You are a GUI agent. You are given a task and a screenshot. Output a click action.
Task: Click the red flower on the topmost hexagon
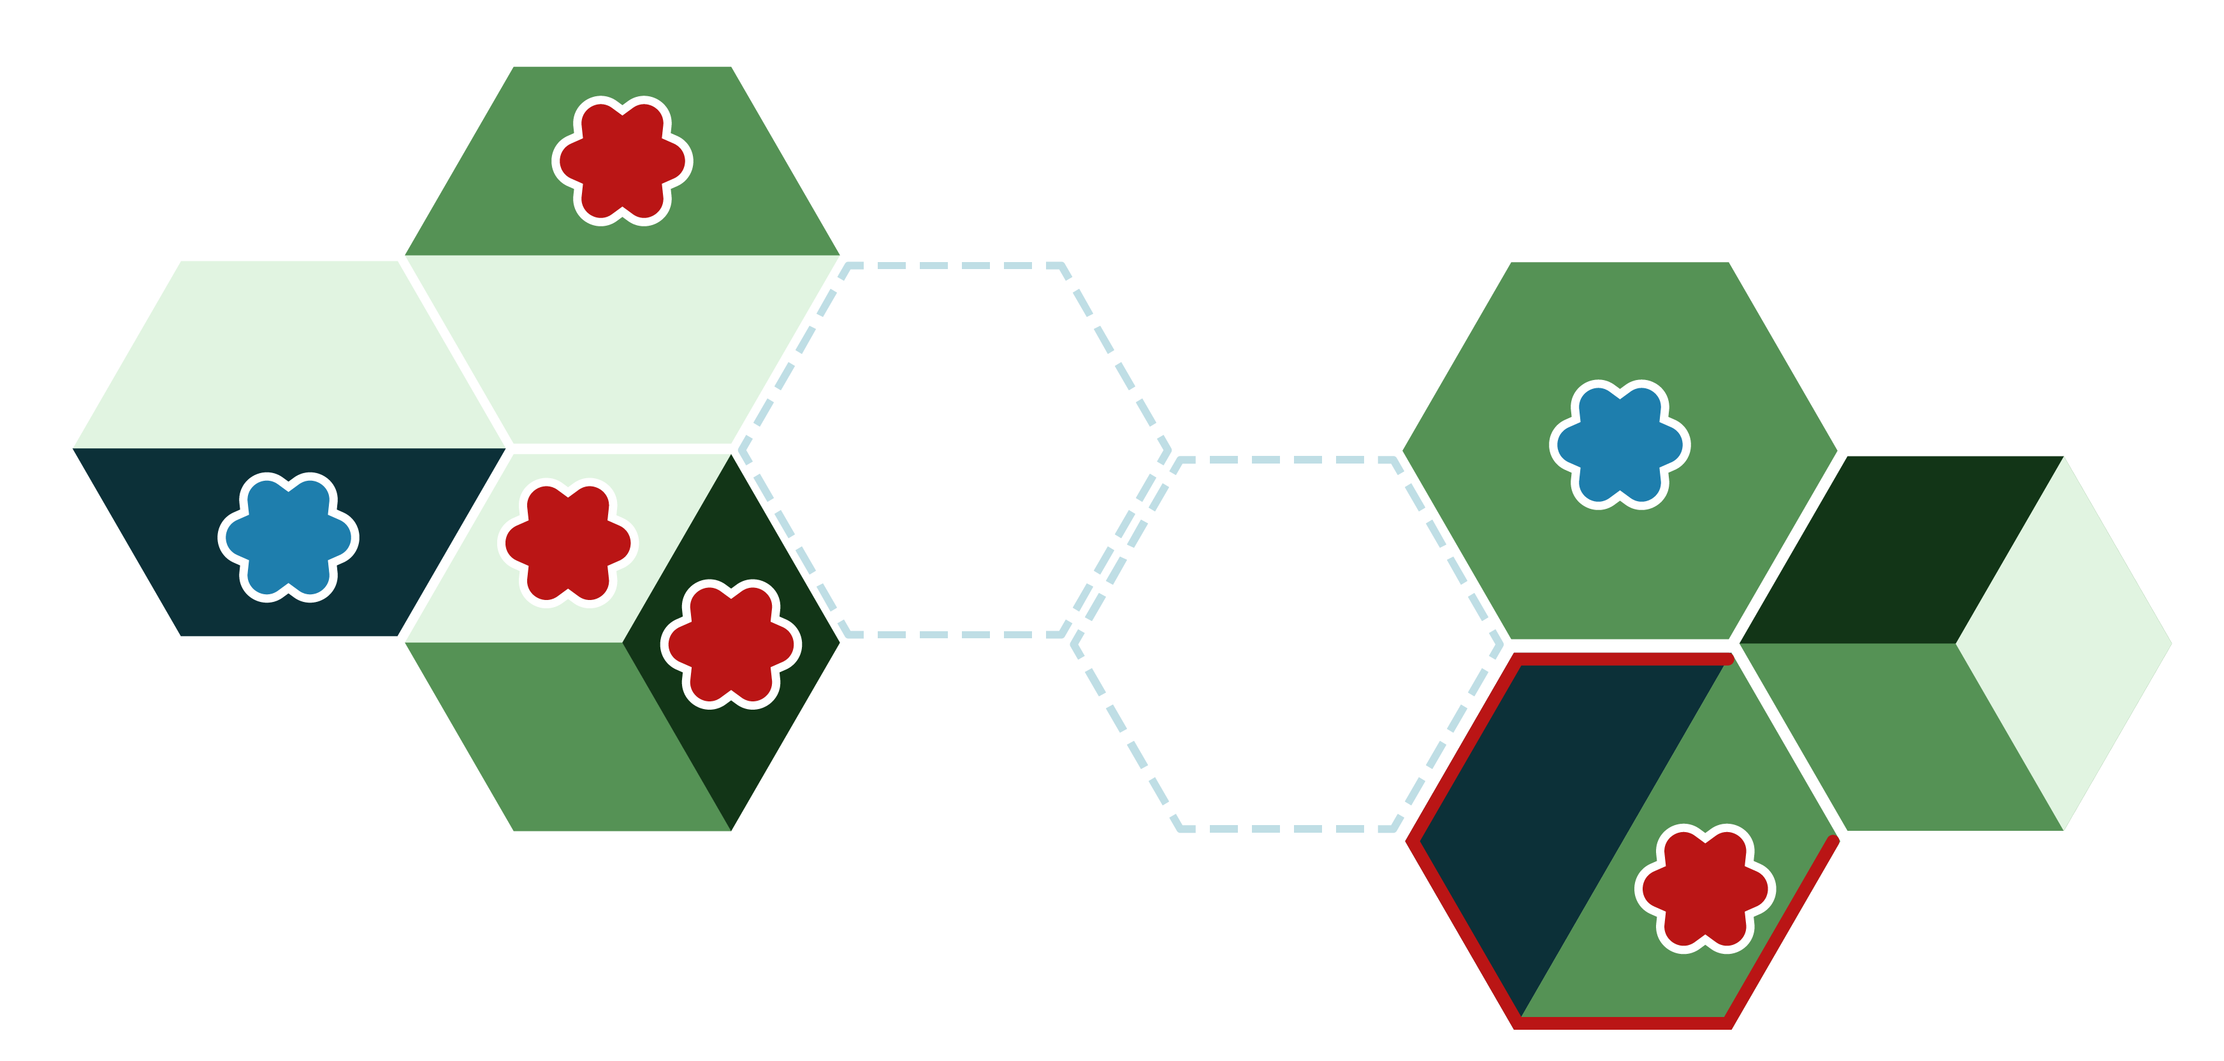[621, 161]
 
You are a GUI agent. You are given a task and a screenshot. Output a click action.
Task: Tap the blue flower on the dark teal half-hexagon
[288, 537]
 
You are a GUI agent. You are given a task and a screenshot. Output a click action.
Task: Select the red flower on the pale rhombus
[568, 542]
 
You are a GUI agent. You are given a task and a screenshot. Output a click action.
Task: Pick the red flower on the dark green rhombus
[730, 644]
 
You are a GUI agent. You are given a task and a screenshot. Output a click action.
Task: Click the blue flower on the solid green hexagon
[1620, 444]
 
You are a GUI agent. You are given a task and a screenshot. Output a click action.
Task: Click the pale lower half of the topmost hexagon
[621, 346]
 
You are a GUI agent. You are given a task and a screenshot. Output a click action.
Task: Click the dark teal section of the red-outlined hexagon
[1537, 812]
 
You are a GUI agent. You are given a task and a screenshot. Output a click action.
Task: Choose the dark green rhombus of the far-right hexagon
[1900, 553]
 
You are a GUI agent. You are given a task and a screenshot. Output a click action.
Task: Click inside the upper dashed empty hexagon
[954, 449]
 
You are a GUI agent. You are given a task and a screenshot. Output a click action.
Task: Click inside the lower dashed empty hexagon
[1286, 643]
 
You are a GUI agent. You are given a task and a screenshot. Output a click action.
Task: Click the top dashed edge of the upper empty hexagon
[954, 266]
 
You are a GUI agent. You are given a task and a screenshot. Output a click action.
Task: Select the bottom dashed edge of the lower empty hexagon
[1286, 829]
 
